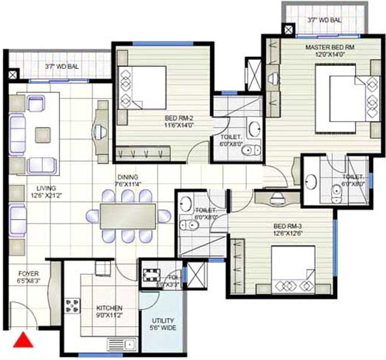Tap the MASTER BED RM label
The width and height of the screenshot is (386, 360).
(x=330, y=50)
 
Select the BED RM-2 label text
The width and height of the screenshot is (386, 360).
(x=179, y=122)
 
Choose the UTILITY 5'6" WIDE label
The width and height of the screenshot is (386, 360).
(x=162, y=323)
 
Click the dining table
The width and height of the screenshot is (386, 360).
(x=127, y=215)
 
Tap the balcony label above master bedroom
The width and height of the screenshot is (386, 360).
(x=325, y=20)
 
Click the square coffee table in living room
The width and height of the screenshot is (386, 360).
(x=43, y=135)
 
